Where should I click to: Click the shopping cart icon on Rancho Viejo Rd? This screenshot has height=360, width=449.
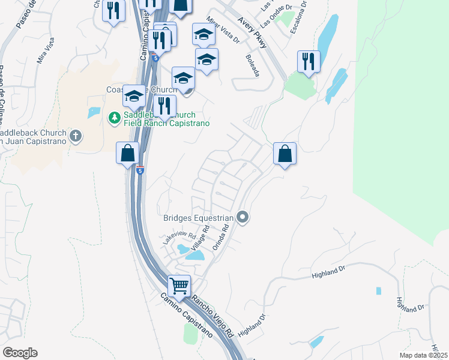[179, 286]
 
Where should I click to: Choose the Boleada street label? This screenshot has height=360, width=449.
[252, 65]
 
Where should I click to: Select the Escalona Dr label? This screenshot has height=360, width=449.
[297, 19]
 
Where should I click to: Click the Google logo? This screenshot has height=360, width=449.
[20, 352]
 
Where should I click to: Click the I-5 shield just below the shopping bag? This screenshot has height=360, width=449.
[140, 171]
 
